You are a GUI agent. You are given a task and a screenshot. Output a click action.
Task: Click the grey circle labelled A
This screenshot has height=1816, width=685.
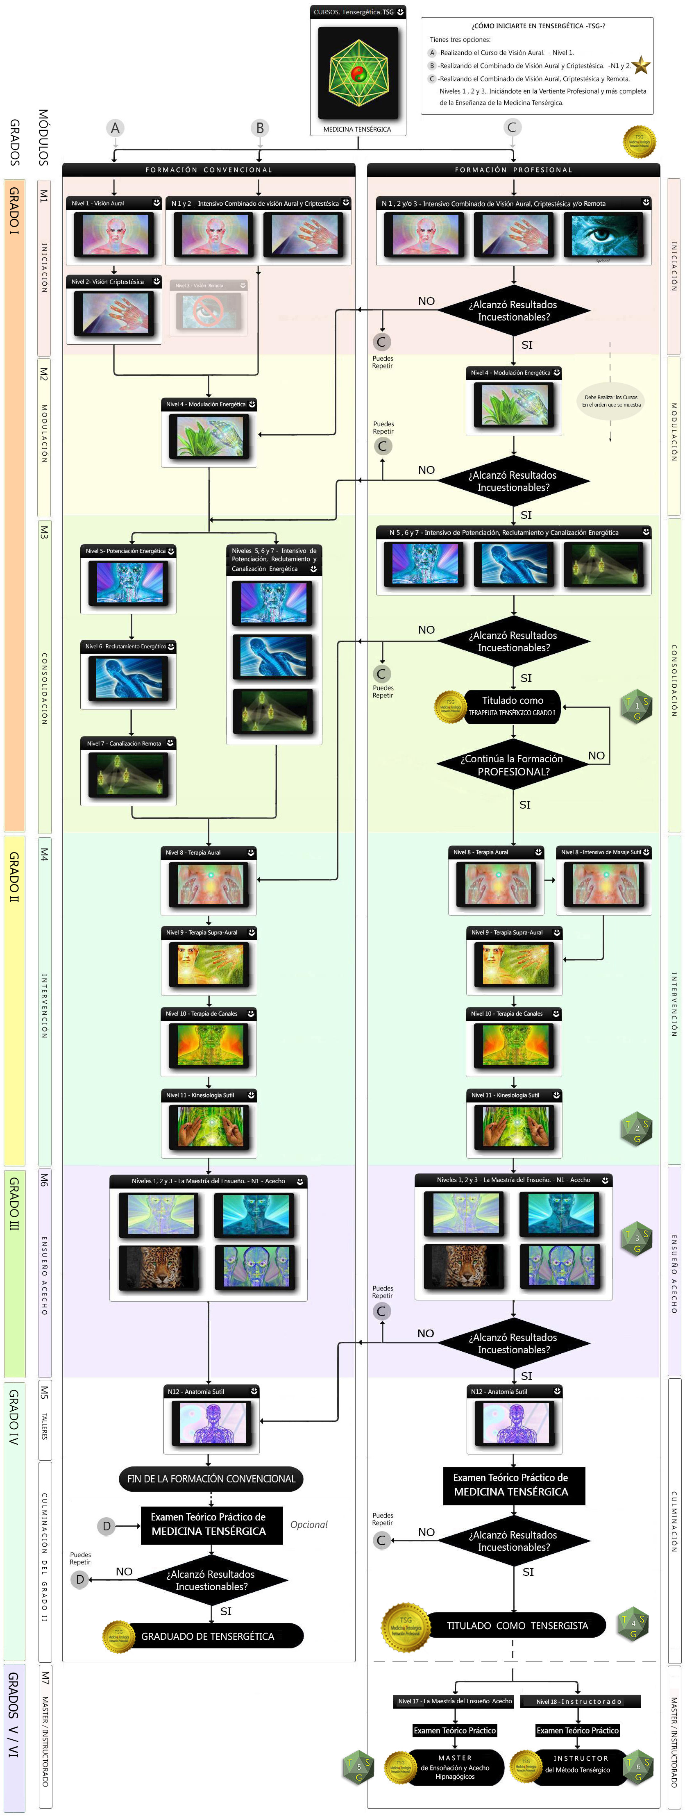tap(115, 127)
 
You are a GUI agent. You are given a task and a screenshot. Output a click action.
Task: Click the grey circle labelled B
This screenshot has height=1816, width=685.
tap(259, 127)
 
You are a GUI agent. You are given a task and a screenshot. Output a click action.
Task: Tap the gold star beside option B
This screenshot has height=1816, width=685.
tap(641, 66)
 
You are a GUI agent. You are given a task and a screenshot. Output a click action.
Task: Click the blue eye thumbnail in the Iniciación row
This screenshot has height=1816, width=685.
tap(603, 236)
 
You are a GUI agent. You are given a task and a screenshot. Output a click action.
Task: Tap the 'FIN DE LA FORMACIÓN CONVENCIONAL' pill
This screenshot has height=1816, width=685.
tap(211, 1478)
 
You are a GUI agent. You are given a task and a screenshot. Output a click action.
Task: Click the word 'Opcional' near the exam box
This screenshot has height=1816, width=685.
tap(308, 1524)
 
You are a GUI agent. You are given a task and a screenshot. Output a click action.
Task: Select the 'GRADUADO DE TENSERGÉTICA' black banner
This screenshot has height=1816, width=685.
tap(207, 1636)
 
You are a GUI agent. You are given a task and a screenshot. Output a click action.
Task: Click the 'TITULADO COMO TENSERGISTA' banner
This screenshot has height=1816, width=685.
tap(517, 1625)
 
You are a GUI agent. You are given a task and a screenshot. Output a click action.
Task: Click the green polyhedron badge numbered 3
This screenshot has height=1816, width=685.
tap(636, 1238)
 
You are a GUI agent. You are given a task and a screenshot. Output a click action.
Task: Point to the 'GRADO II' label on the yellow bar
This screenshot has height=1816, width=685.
tap(14, 878)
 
